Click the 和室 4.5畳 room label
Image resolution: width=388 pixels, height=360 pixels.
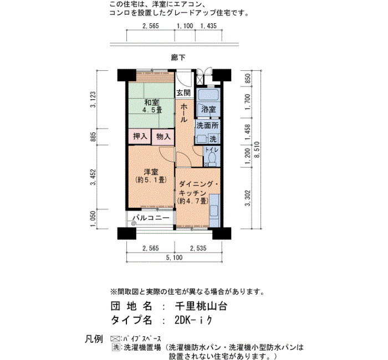coord(151,106)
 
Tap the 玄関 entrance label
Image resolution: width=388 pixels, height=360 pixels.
coord(183,93)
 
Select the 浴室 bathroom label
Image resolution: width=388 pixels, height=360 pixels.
coord(208,109)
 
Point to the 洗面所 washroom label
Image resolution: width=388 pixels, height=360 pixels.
coord(207,126)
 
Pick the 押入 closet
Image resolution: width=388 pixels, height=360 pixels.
coord(140,136)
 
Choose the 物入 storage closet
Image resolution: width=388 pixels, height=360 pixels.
coord(163,136)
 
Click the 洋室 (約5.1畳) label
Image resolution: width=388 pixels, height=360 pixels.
coord(151,176)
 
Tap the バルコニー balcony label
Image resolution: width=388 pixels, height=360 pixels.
coord(151,218)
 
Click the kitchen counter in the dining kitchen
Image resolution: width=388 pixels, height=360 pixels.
coord(215,210)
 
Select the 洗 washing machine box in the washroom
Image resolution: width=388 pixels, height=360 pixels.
coord(213,139)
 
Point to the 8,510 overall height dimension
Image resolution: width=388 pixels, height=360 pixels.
coord(257,150)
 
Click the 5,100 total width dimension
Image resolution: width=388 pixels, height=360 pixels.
coord(174,258)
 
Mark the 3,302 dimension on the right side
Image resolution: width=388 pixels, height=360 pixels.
coord(247,198)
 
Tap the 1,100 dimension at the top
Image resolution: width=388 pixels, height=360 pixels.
coord(185,25)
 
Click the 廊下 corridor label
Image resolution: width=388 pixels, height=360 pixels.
coord(178,58)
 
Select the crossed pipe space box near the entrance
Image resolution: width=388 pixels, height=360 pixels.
coord(200,79)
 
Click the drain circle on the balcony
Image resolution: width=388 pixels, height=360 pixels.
coord(134,224)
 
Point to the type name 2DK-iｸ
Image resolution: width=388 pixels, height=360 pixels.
coord(193,321)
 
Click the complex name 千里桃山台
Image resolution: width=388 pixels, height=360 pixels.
coord(201,307)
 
